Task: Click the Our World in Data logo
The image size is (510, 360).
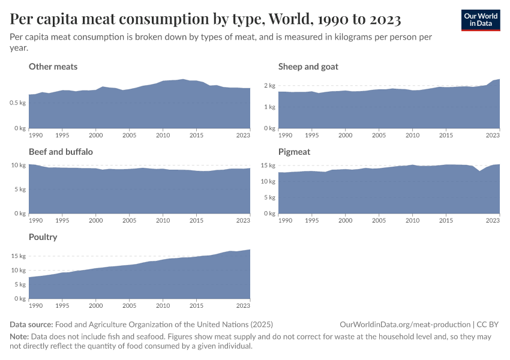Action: click(x=480, y=20)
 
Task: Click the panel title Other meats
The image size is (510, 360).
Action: click(x=53, y=67)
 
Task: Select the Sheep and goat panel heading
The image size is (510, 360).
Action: click(x=308, y=67)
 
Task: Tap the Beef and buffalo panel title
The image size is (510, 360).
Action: click(x=61, y=152)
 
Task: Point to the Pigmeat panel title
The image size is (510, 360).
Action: click(x=294, y=152)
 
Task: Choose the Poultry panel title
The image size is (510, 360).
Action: click(x=43, y=237)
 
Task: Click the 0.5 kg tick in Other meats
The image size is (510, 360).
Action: click(x=18, y=103)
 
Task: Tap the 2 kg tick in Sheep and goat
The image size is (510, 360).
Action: click(x=270, y=86)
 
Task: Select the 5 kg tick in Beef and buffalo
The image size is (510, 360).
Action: click(x=20, y=190)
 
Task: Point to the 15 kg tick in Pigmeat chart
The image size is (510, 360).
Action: click(x=268, y=166)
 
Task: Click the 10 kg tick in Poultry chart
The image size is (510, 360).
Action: click(x=19, y=270)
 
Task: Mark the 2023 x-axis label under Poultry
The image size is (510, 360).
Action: click(x=243, y=306)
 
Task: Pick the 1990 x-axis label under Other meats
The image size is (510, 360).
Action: click(x=35, y=136)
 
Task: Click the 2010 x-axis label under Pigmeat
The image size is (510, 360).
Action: click(x=412, y=221)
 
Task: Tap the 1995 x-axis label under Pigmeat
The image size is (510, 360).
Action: click(x=311, y=221)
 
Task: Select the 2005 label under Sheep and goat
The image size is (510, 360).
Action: click(x=378, y=136)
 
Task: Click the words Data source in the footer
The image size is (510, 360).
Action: click(x=31, y=324)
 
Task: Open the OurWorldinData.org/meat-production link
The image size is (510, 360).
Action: click(x=404, y=324)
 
